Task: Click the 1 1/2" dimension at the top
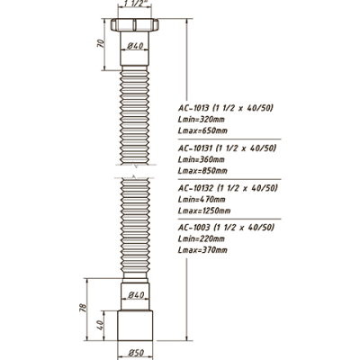pos(135,4)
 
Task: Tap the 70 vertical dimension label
pos(102,44)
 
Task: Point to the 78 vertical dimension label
pos(83,308)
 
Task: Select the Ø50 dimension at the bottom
pos(136,353)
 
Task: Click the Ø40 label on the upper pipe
pos(135,46)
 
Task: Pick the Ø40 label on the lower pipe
pos(136,295)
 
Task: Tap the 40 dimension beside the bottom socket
pos(100,325)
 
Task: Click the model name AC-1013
pos(193,108)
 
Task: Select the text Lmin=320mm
pos(201,120)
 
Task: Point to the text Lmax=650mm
pos(202,130)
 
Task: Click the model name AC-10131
pos(195,148)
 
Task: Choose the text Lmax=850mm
pos(202,171)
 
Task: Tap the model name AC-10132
pos(195,188)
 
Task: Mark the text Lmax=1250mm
pos(204,211)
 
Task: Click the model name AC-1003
pos(193,228)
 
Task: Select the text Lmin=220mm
pos(201,238)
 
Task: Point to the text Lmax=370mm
pos(202,250)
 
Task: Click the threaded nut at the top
pos(135,25)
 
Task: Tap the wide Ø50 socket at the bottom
pos(135,326)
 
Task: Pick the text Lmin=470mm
pos(202,199)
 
